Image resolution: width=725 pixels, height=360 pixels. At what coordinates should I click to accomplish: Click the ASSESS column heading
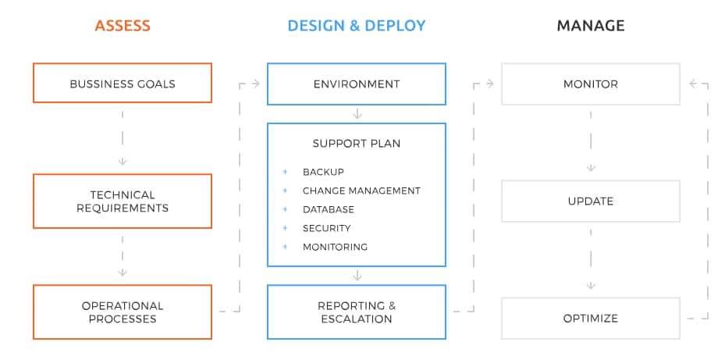[x=123, y=26]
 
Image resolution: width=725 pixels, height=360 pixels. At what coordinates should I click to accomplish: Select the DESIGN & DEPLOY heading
[x=357, y=26]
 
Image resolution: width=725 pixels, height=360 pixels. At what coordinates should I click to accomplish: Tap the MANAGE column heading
[x=591, y=26]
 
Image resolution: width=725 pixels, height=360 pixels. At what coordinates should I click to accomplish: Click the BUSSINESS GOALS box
[x=123, y=83]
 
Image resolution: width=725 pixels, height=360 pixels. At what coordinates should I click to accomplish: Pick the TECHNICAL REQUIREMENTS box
[x=123, y=201]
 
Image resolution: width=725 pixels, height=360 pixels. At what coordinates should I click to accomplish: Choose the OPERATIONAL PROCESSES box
[x=123, y=312]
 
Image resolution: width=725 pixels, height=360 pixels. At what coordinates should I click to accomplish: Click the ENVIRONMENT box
[x=357, y=84]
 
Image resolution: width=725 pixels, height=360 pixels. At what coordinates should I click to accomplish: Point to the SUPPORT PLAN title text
[x=357, y=144]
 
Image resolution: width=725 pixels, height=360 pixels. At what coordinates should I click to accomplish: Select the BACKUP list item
[x=323, y=172]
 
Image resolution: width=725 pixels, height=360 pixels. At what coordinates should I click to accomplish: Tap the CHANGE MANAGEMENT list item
[x=361, y=191]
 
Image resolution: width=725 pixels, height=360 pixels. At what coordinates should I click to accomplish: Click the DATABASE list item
[x=329, y=209]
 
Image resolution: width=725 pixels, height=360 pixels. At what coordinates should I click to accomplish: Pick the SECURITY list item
[x=326, y=228]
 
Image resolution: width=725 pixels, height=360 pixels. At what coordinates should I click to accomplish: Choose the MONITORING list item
[x=336, y=247]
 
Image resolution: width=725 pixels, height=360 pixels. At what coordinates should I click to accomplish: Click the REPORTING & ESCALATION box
[x=357, y=312]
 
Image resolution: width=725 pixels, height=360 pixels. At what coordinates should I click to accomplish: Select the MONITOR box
[x=591, y=84]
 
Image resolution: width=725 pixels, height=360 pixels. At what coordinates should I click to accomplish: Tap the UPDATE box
[x=591, y=201]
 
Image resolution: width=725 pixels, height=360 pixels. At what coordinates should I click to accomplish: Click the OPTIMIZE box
[x=591, y=319]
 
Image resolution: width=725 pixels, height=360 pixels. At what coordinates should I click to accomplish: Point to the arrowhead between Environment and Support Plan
[x=357, y=114]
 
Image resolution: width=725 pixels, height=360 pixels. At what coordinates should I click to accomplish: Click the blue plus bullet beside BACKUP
[x=285, y=172]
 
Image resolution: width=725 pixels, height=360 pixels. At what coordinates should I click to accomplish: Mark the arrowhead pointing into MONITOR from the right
[x=693, y=84]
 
